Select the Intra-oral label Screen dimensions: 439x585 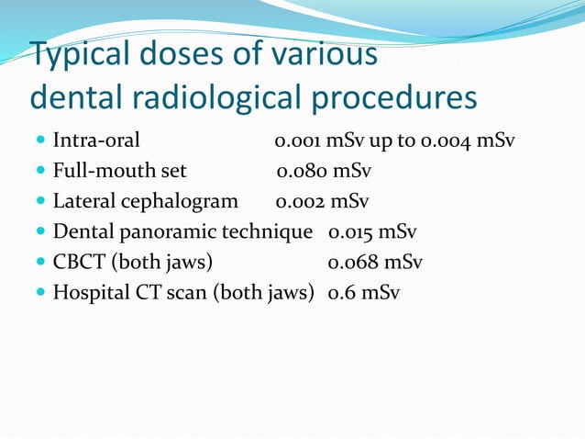(96, 141)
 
